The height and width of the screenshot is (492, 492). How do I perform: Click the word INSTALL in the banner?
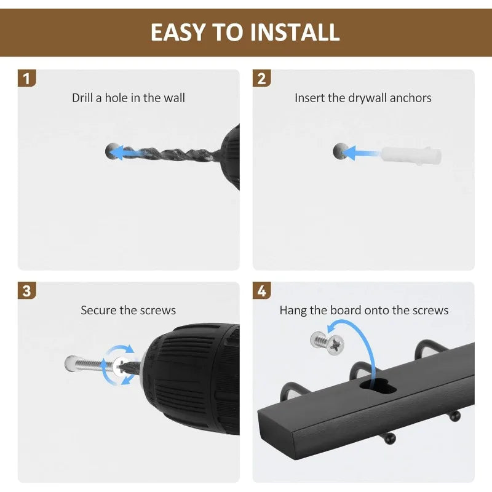[295, 32]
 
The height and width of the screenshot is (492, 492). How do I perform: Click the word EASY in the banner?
[178, 32]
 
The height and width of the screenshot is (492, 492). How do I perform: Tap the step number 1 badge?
[26, 78]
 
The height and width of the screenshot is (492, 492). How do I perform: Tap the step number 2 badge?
[261, 78]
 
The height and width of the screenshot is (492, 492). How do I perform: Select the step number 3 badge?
[26, 290]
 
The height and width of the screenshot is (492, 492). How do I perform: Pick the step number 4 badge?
[261, 290]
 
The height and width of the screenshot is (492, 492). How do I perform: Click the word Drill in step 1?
[82, 98]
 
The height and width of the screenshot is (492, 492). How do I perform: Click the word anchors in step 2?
[410, 98]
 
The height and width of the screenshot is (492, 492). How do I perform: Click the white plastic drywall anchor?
[411, 155]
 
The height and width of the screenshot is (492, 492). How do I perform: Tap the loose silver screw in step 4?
[327, 343]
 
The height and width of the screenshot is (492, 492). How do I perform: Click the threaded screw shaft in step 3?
[91, 364]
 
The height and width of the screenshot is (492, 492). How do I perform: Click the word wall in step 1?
[175, 98]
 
